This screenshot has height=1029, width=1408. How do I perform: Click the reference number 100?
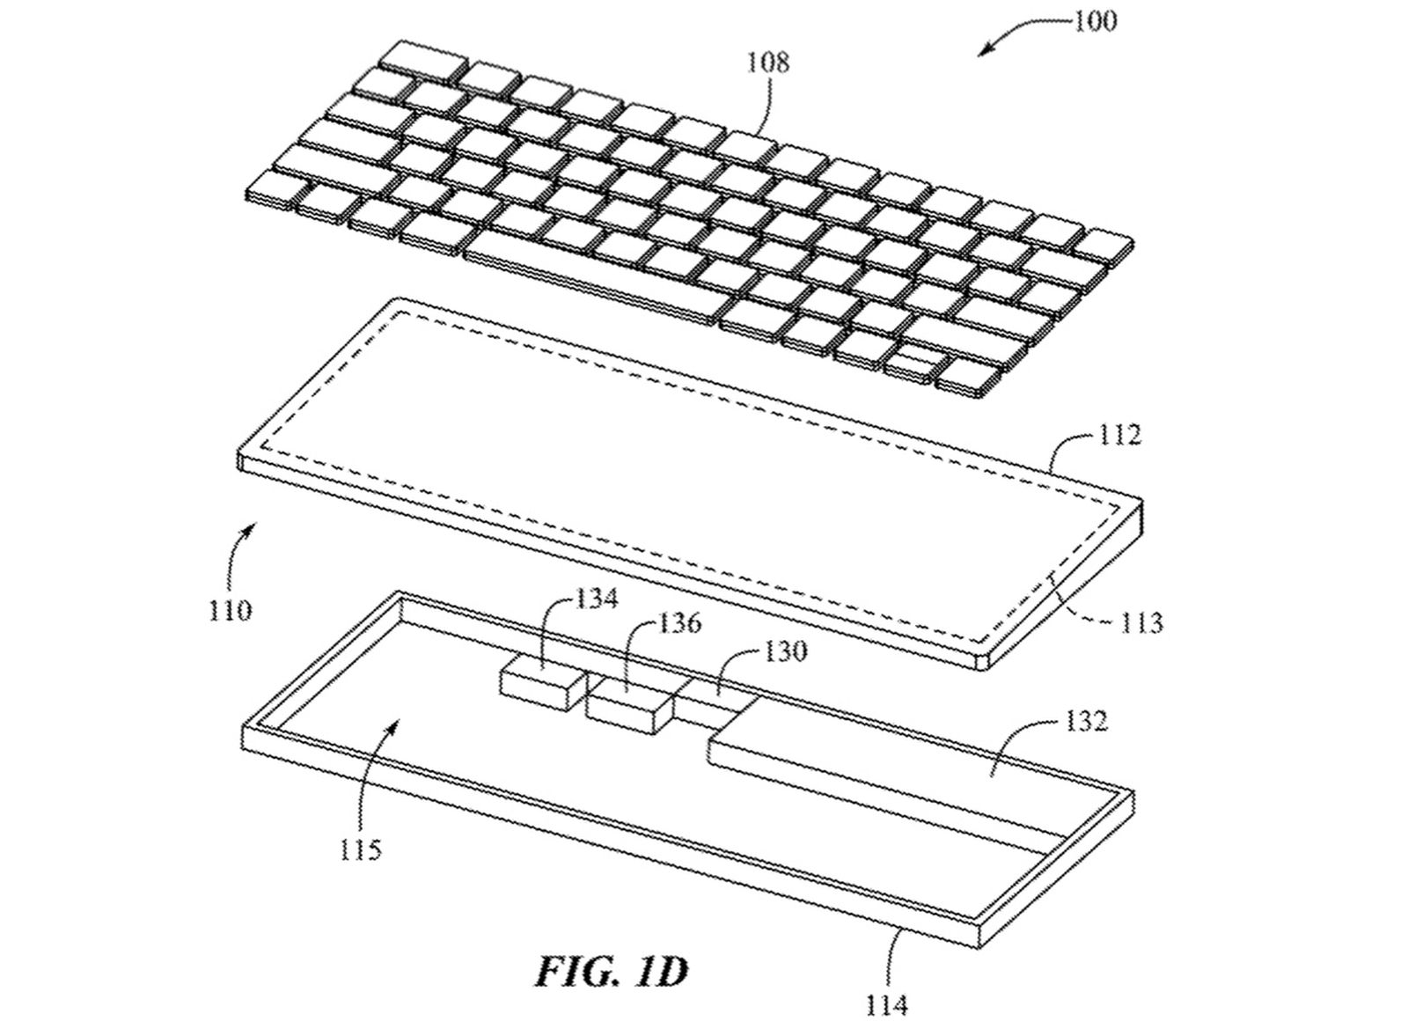(x=1095, y=21)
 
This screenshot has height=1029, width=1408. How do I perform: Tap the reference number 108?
(x=767, y=62)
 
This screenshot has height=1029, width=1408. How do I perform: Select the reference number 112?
(x=1118, y=434)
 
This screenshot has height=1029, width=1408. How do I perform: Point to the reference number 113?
(x=1141, y=622)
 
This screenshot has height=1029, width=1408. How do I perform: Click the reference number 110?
(x=231, y=610)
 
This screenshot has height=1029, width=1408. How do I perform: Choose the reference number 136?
(x=678, y=623)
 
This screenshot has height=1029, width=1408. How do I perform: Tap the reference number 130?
(x=784, y=651)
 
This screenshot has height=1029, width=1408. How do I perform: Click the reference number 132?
(x=1086, y=721)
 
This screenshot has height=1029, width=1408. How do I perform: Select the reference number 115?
(x=361, y=850)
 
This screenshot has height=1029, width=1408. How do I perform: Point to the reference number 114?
(x=887, y=1005)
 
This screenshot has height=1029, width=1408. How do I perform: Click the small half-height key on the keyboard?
(x=912, y=364)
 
